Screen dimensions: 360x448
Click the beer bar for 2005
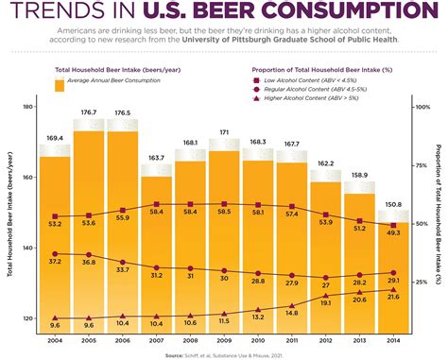click(x=89, y=217)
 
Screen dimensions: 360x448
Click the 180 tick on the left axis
click(x=27, y=107)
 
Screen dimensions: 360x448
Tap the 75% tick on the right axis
click(x=422, y=165)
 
